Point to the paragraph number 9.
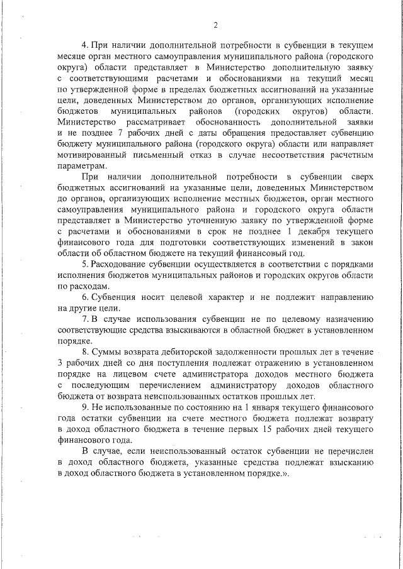click(85, 405)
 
